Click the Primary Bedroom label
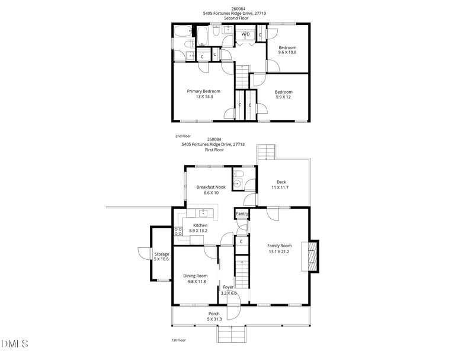(203, 94)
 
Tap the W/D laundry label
(245, 35)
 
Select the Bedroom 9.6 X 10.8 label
(287, 50)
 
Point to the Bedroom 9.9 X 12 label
(283, 94)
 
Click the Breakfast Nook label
(211, 190)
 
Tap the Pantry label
(242, 214)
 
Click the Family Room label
(279, 248)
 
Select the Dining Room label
(195, 278)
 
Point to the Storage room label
(162, 256)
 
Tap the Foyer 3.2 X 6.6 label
(229, 290)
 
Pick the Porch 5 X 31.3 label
(214, 316)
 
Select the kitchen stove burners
(178, 232)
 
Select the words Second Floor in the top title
(236, 18)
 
